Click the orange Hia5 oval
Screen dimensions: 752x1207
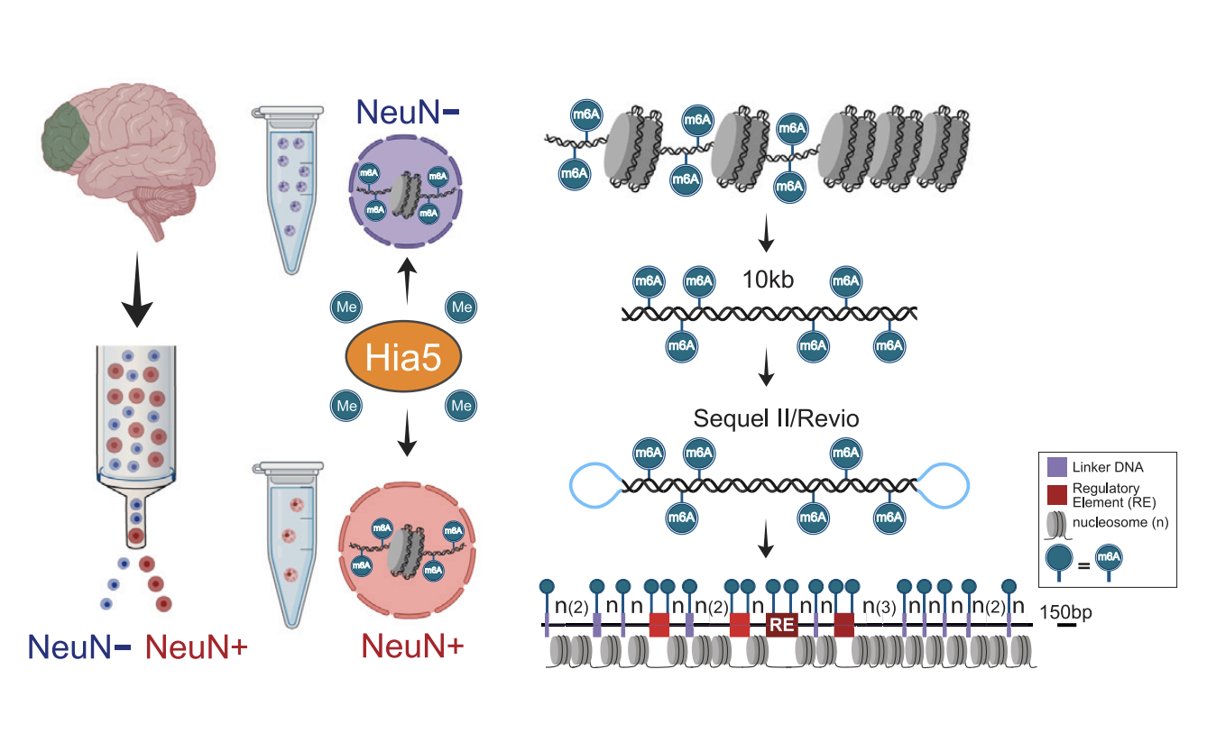pyautogui.click(x=402, y=358)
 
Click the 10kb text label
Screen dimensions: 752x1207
pyautogui.click(x=768, y=280)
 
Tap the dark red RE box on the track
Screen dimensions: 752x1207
pyautogui.click(x=782, y=623)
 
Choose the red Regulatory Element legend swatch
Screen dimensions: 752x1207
pyautogui.click(x=1057, y=494)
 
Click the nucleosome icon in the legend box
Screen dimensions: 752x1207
pyautogui.click(x=1057, y=522)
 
